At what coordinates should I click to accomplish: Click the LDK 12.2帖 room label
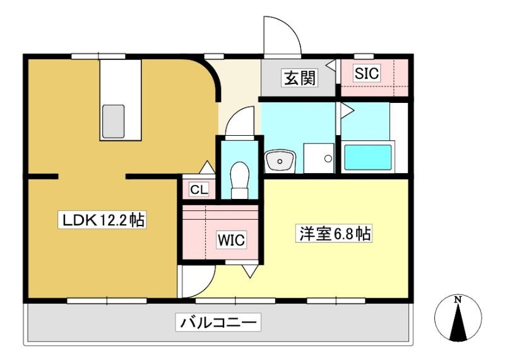pyautogui.click(x=102, y=220)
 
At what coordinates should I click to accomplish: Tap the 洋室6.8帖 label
pyautogui.click(x=334, y=233)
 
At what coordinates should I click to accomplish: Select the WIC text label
pyautogui.click(x=231, y=240)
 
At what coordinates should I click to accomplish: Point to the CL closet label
pyautogui.click(x=199, y=189)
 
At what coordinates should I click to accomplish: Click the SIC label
pyautogui.click(x=367, y=73)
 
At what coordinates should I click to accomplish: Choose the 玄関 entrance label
pyautogui.click(x=300, y=78)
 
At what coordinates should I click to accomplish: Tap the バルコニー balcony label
pyautogui.click(x=218, y=322)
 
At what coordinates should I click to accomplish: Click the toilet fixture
pyautogui.click(x=240, y=180)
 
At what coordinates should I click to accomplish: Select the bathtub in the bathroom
pyautogui.click(x=368, y=157)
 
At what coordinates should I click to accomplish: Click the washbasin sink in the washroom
pyautogui.click(x=280, y=160)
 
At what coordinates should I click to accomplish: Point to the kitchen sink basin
pyautogui.click(x=113, y=121)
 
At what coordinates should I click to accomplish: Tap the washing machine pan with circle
pyautogui.click(x=319, y=159)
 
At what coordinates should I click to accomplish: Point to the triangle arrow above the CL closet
pyautogui.click(x=207, y=167)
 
